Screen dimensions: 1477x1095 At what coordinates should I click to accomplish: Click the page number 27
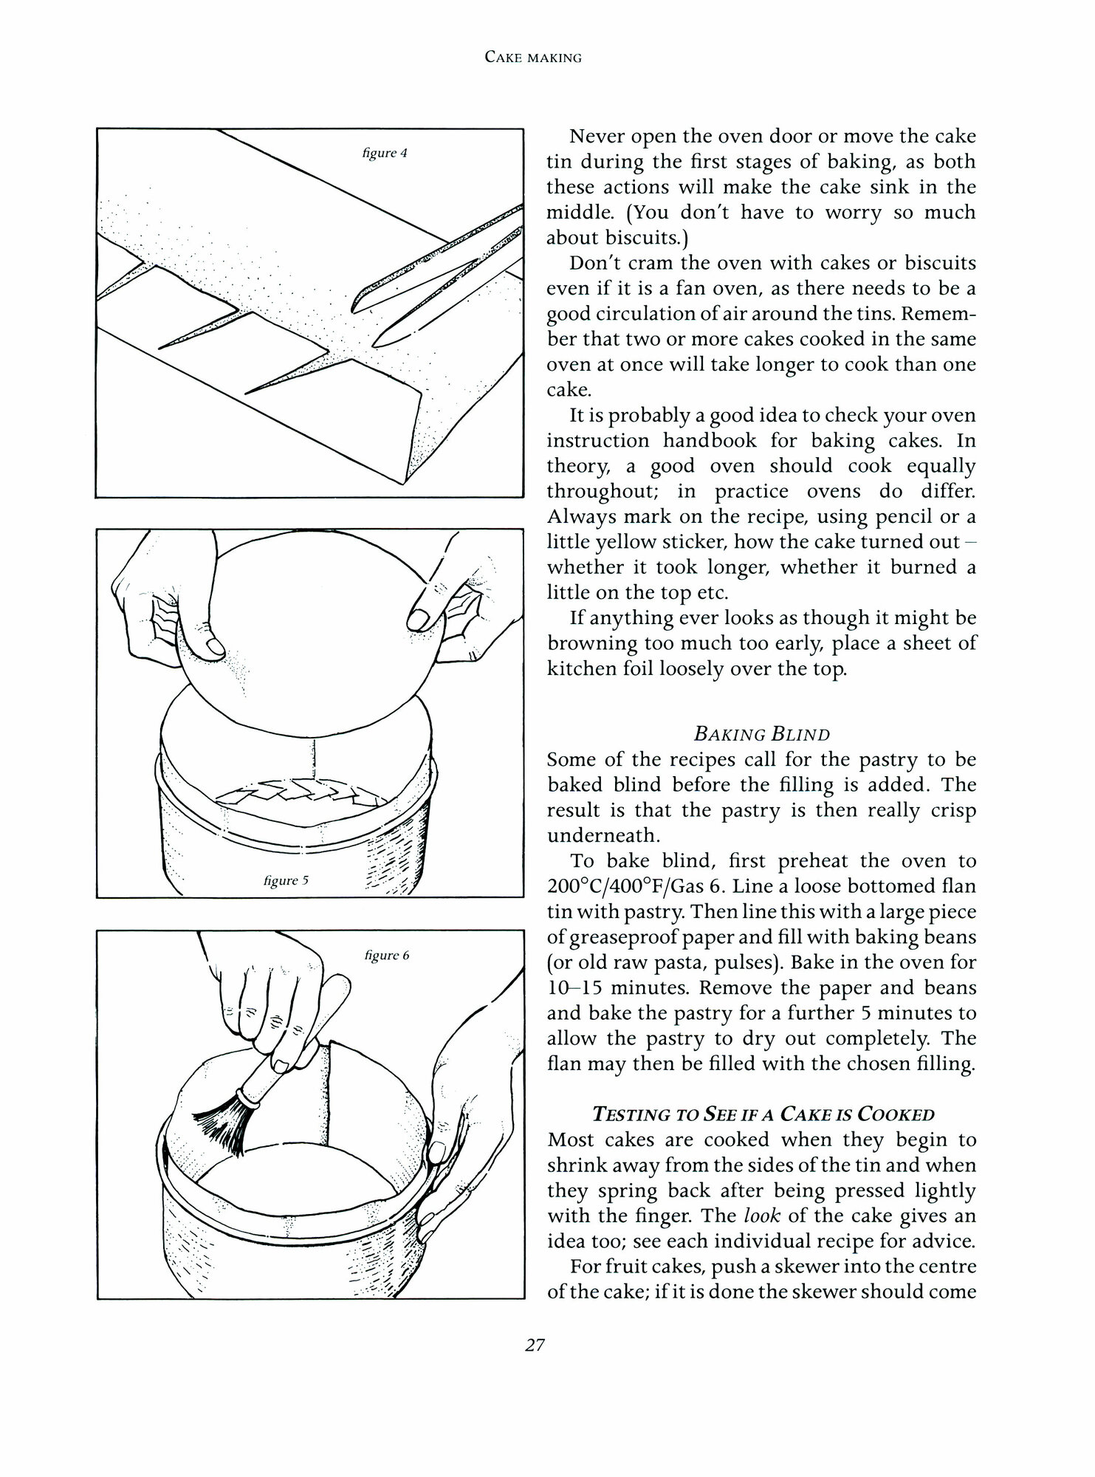pyautogui.click(x=535, y=1345)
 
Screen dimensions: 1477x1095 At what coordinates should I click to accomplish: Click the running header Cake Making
pyautogui.click(x=533, y=57)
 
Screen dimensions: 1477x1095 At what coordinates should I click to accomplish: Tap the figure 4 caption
pyautogui.click(x=385, y=154)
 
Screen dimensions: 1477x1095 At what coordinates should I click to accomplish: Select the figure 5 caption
pyautogui.click(x=286, y=880)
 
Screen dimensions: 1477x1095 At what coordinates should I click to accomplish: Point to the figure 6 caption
pyautogui.click(x=386, y=955)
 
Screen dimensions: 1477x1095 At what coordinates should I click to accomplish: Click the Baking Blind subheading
pyautogui.click(x=761, y=734)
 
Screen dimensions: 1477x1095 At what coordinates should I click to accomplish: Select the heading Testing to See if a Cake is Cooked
pyautogui.click(x=763, y=1114)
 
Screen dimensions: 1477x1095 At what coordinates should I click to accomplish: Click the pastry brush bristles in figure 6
pyautogui.click(x=220, y=1123)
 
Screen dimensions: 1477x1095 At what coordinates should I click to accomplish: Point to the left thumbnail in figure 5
pyautogui.click(x=215, y=647)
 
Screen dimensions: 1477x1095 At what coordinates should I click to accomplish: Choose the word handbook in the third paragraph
pyautogui.click(x=710, y=441)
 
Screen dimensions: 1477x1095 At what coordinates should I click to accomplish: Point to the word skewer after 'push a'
pyautogui.click(x=779, y=1267)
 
